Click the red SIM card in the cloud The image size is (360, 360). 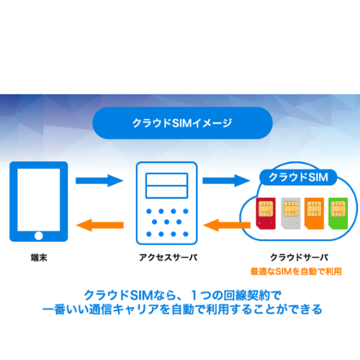(x=266, y=213)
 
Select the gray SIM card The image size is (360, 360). (x=291, y=213)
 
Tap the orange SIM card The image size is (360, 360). (x=314, y=213)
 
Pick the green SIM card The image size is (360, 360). (x=338, y=213)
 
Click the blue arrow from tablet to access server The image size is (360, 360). (x=99, y=181)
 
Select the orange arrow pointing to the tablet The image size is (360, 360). (x=100, y=225)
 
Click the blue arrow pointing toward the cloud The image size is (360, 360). (x=226, y=181)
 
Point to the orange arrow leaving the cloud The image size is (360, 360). (x=227, y=225)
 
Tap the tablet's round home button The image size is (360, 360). (x=39, y=235)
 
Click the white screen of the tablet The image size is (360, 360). (x=39, y=199)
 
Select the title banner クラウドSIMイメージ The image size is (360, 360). (x=182, y=123)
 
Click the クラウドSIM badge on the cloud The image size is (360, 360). (x=298, y=177)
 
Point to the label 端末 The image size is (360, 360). (x=39, y=258)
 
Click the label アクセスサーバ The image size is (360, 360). (x=168, y=258)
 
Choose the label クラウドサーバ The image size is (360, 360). (x=299, y=258)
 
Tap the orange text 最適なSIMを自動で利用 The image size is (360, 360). (x=296, y=271)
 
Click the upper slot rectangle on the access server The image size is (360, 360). (x=166, y=179)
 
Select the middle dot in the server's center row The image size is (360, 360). (x=167, y=222)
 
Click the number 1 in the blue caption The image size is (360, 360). (x=194, y=295)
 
